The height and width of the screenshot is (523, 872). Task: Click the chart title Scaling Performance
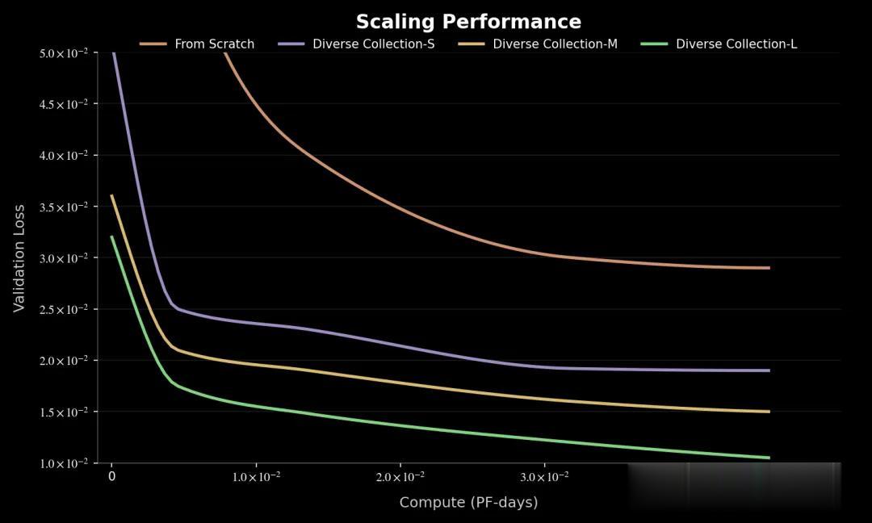pyautogui.click(x=468, y=22)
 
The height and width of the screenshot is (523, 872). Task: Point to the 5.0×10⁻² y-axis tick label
pyautogui.click(x=63, y=53)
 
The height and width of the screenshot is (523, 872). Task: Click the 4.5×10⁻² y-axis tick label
pyautogui.click(x=63, y=104)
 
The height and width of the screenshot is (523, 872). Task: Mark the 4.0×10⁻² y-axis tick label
pyautogui.click(x=63, y=156)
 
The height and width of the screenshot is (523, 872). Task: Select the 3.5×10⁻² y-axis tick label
pyautogui.click(x=63, y=207)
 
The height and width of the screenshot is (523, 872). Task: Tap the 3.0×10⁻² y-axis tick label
pyautogui.click(x=63, y=258)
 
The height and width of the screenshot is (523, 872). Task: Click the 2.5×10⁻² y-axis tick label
pyautogui.click(x=63, y=310)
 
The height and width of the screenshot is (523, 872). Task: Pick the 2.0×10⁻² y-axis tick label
pyautogui.click(x=63, y=361)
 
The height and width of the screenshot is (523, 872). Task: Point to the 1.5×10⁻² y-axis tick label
pyautogui.click(x=63, y=412)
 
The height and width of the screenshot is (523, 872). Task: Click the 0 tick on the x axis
pyautogui.click(x=111, y=477)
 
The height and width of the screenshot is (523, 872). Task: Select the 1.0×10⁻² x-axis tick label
pyautogui.click(x=256, y=477)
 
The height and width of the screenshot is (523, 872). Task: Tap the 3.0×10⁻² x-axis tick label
pyautogui.click(x=544, y=477)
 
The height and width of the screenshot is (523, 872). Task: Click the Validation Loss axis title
pyautogui.click(x=19, y=258)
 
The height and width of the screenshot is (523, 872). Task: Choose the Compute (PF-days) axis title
pyautogui.click(x=468, y=502)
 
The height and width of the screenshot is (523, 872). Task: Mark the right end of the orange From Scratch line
pyautogui.click(x=769, y=268)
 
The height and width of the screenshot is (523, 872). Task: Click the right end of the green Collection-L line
pyautogui.click(x=769, y=458)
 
